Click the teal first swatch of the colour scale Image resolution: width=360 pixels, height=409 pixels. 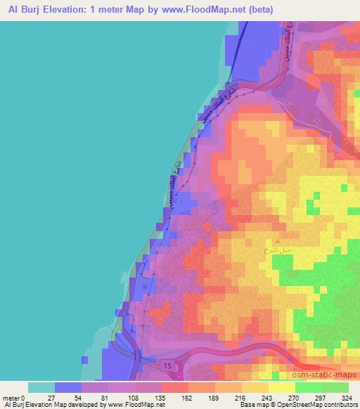[42, 387]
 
